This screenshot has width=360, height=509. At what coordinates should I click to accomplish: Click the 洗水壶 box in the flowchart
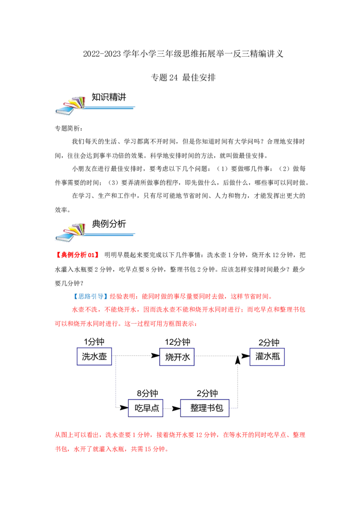tap(94, 357)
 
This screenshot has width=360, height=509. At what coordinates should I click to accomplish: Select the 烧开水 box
tap(177, 357)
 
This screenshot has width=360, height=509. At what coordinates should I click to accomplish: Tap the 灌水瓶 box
tap(267, 357)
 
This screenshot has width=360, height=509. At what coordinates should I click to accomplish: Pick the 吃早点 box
tap(145, 408)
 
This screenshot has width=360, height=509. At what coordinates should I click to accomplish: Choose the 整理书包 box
tap(205, 408)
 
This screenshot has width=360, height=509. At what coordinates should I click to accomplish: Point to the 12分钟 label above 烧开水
tap(177, 342)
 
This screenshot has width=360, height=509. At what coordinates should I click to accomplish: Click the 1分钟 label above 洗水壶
tap(94, 341)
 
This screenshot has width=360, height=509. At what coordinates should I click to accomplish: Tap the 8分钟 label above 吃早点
tap(147, 393)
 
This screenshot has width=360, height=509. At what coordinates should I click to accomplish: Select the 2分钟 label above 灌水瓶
tap(269, 343)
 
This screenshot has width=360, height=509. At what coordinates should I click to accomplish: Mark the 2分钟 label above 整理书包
tap(207, 393)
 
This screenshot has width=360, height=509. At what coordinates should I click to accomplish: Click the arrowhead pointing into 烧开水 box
tap(155, 356)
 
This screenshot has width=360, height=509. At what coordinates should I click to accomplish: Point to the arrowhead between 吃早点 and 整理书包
tap(176, 408)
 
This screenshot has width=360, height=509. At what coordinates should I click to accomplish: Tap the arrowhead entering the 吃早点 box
tap(124, 407)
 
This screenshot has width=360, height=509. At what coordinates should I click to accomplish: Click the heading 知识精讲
tap(109, 97)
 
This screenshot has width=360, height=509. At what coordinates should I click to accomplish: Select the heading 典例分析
tap(109, 223)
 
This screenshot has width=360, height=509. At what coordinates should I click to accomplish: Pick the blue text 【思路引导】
tap(89, 296)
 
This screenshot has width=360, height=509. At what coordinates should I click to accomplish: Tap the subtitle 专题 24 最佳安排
tap(183, 77)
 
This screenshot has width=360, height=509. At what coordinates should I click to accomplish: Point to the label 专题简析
tap(69, 129)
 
